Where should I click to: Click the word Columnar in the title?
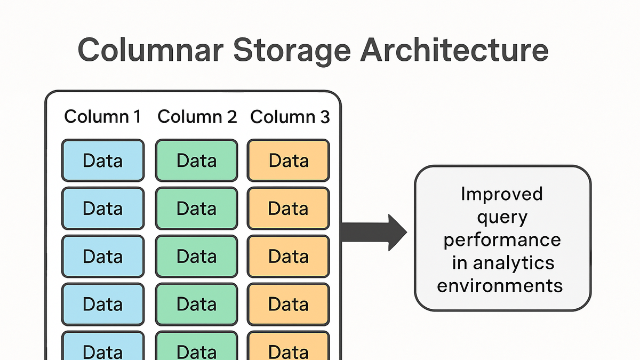click(150, 50)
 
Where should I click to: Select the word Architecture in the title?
click(454, 50)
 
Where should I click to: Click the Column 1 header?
click(102, 117)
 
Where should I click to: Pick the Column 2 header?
click(197, 117)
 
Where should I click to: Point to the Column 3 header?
click(290, 117)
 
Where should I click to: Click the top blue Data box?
click(103, 161)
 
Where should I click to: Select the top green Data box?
click(197, 161)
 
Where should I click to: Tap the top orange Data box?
click(289, 161)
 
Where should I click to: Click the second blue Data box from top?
click(103, 209)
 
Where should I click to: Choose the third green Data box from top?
click(197, 257)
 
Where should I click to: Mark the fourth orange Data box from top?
click(289, 305)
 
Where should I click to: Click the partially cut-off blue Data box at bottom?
click(103, 346)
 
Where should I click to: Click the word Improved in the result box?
click(502, 194)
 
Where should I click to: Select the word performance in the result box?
click(502, 241)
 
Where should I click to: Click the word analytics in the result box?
click(514, 263)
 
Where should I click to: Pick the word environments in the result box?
click(500, 285)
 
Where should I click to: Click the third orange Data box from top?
click(289, 257)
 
